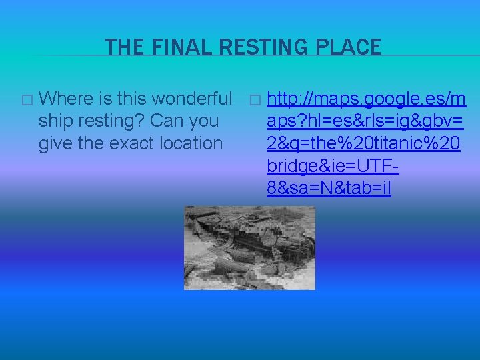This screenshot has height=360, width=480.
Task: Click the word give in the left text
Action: click(x=55, y=143)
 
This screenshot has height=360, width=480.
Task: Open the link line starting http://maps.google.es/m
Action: click(x=366, y=99)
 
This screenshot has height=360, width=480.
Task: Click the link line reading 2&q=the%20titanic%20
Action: click(x=363, y=143)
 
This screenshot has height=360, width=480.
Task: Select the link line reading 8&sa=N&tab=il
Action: click(x=329, y=189)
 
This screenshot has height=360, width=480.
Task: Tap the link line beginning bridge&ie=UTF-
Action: click(x=333, y=165)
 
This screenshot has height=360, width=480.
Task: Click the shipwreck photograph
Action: click(x=249, y=247)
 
